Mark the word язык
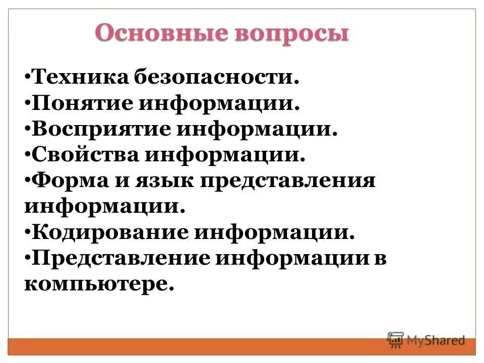coord(163,181)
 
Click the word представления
coord(289,181)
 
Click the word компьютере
coord(99,284)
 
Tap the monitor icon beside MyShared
coord(395,340)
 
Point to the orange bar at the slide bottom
coord(202,346)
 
